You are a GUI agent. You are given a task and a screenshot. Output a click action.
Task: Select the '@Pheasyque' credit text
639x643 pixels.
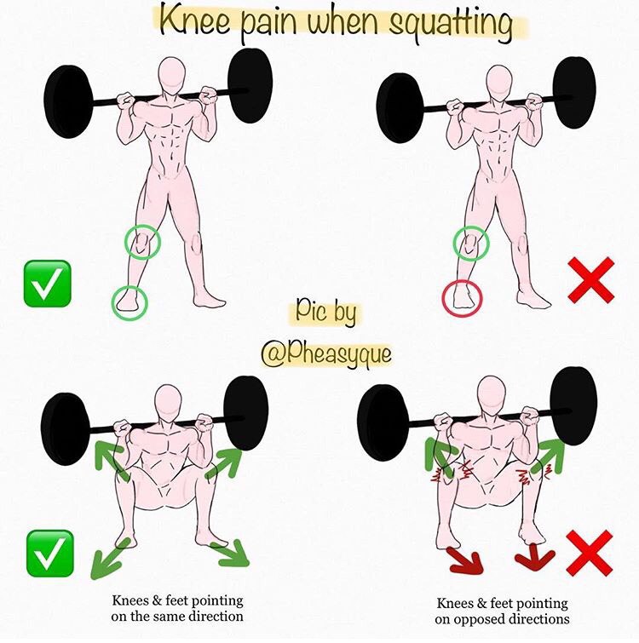(x=326, y=353)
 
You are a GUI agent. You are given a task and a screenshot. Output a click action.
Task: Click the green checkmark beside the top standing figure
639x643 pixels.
(x=47, y=284)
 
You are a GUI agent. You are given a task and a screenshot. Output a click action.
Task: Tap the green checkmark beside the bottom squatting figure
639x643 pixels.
(x=50, y=554)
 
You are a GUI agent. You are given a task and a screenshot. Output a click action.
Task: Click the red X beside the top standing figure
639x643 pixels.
(x=591, y=279)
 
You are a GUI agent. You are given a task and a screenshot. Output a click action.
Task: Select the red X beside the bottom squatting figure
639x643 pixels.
(x=590, y=553)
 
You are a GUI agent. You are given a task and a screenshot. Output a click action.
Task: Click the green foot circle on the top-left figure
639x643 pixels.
(x=114, y=303)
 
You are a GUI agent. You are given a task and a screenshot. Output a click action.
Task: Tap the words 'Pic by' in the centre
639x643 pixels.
(x=326, y=312)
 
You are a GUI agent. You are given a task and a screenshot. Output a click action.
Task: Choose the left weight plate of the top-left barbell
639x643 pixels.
(x=68, y=101)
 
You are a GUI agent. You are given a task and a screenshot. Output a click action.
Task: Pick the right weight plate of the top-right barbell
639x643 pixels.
(x=573, y=93)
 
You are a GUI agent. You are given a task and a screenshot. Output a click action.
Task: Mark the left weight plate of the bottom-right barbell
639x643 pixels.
(x=383, y=423)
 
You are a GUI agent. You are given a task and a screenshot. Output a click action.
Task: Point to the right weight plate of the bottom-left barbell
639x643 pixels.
(x=246, y=412)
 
